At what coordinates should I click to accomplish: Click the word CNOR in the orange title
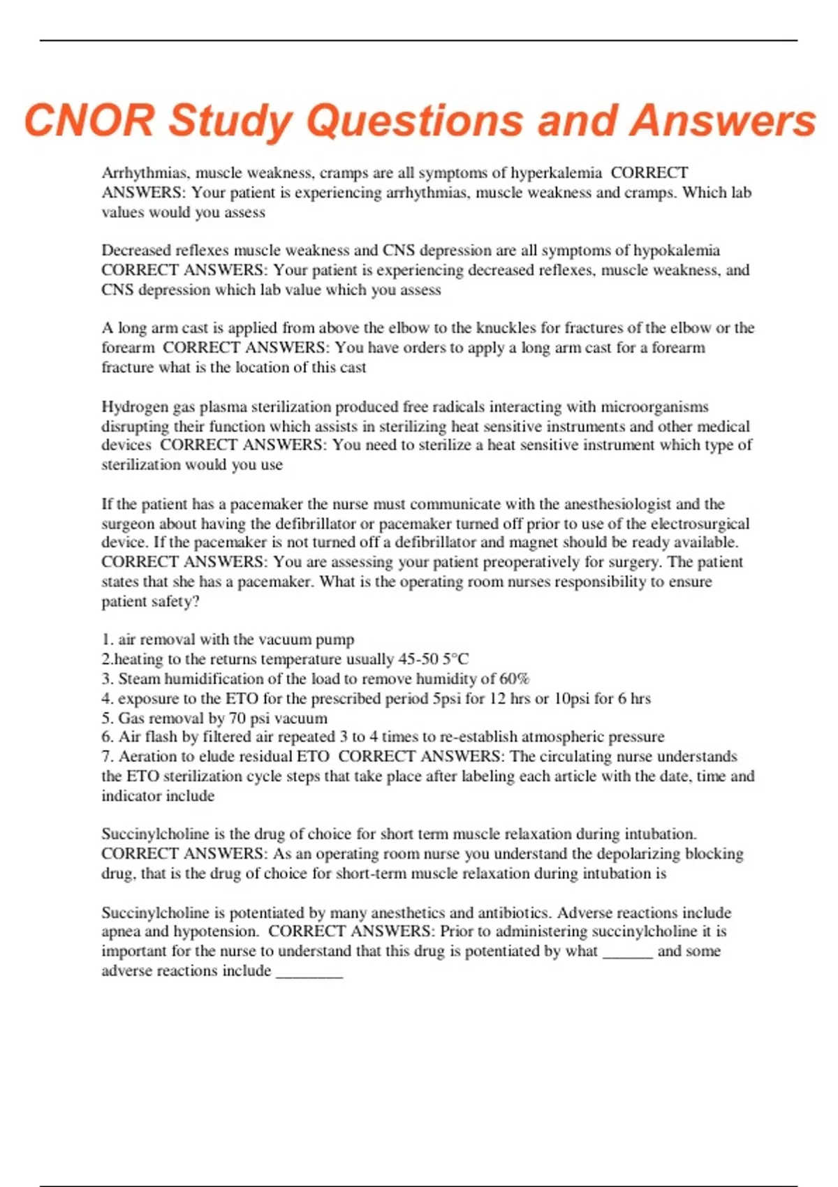click(89, 120)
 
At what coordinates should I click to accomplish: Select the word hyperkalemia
click(556, 172)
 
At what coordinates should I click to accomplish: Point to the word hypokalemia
click(675, 250)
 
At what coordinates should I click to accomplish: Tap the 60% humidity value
click(515, 678)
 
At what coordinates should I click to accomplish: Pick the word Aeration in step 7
click(147, 756)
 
